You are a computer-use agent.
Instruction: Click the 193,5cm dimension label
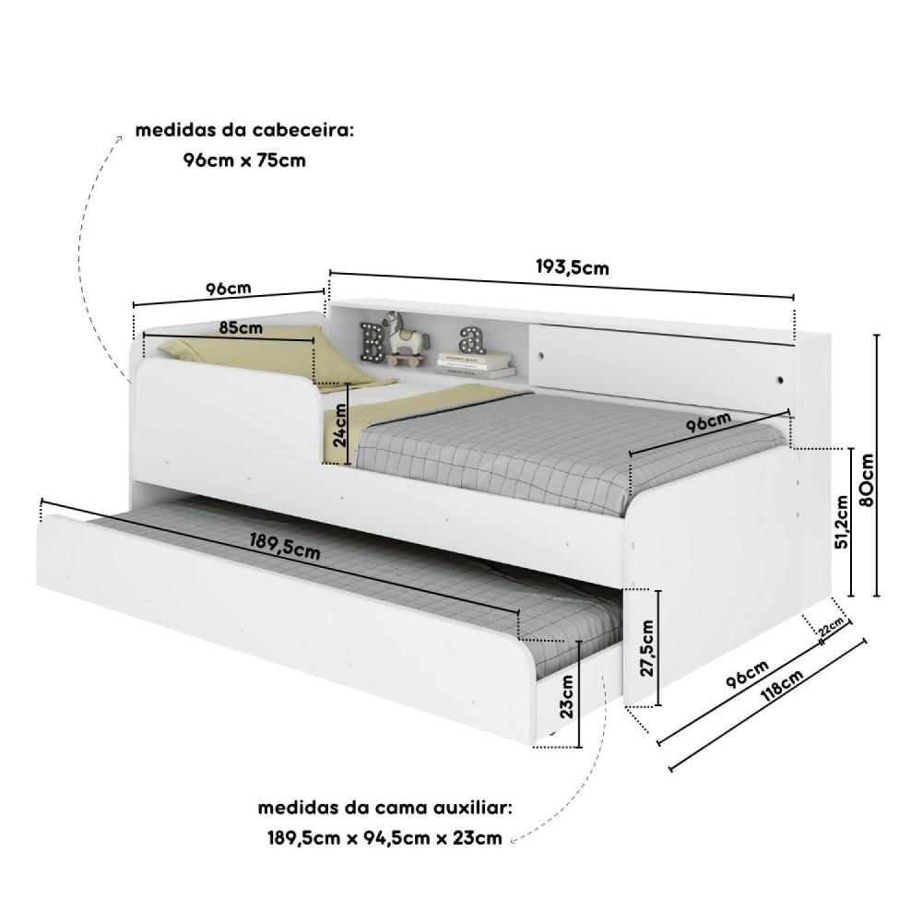(573, 267)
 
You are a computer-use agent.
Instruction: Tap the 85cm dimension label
(241, 327)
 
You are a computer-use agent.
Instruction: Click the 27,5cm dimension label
(646, 648)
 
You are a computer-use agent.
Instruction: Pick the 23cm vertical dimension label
(566, 697)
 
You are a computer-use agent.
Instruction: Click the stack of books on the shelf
(475, 364)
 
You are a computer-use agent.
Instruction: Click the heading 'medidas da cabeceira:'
(245, 130)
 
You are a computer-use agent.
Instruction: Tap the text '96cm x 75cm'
(244, 160)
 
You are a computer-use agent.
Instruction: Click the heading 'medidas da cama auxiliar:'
(385, 808)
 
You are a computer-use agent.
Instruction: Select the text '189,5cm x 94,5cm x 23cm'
(385, 837)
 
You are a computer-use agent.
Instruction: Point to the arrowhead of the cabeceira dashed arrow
(119, 139)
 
